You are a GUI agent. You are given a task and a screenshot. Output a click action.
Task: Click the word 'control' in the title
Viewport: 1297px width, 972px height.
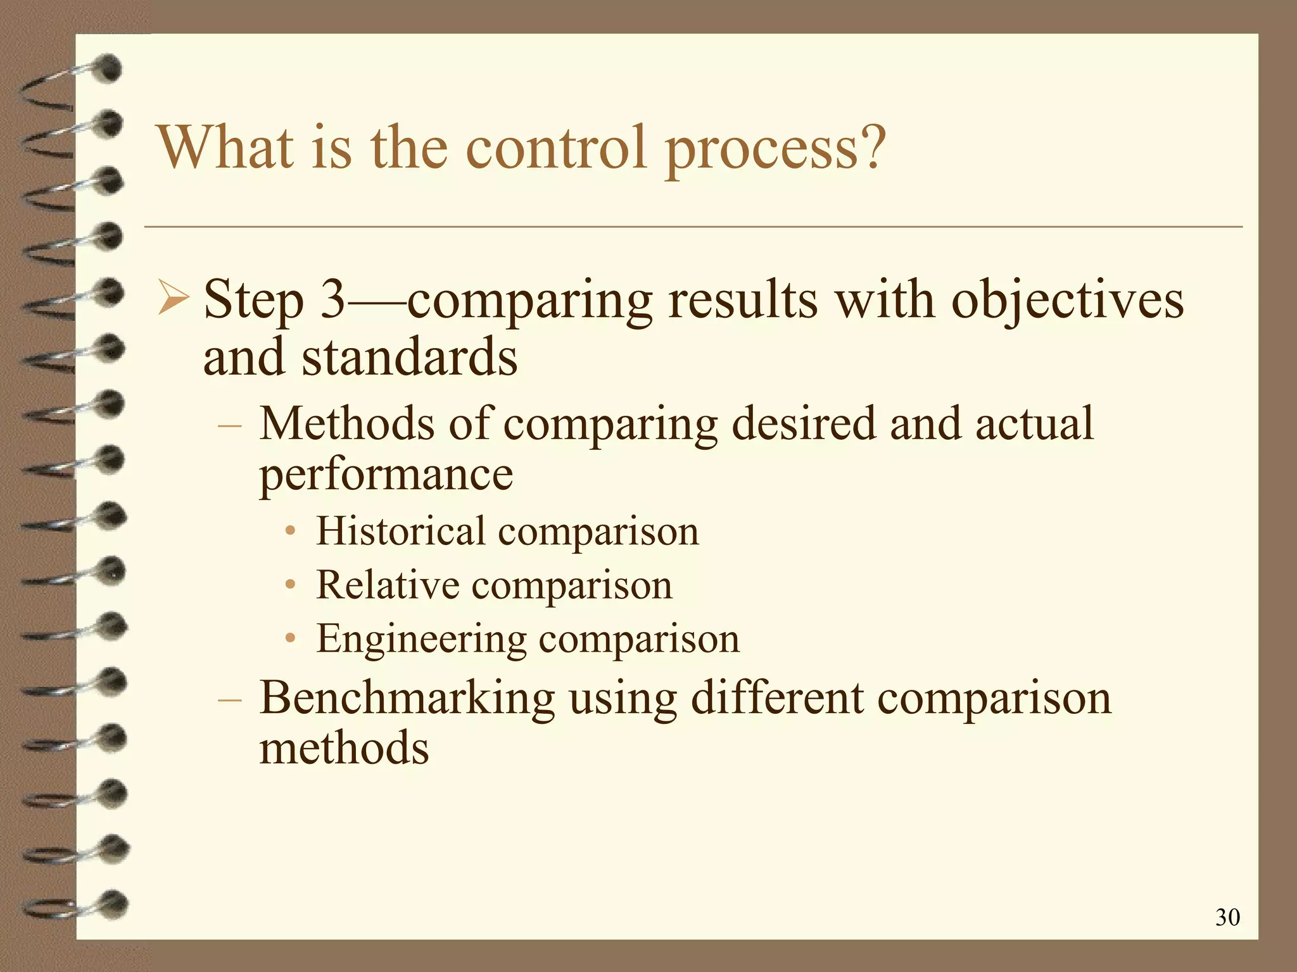[x=557, y=147]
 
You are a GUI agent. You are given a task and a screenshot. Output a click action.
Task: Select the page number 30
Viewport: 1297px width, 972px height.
[x=1227, y=917]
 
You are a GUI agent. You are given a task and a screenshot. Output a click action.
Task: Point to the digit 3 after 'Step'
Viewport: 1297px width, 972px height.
[x=333, y=299]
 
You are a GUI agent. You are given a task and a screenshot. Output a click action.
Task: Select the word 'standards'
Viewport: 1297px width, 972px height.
[x=409, y=356]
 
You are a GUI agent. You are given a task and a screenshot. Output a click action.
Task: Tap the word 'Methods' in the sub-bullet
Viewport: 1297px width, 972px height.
[x=347, y=423]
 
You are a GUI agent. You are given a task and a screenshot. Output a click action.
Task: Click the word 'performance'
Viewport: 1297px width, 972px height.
[x=386, y=475]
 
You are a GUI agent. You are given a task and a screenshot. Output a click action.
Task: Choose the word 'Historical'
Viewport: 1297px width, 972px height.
[x=401, y=531]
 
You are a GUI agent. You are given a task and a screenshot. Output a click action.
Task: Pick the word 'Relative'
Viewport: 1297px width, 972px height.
[x=388, y=585]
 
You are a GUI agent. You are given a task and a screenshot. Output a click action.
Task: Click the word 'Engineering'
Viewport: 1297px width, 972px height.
[x=421, y=639]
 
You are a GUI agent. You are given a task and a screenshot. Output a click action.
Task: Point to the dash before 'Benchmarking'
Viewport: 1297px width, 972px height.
[x=229, y=699]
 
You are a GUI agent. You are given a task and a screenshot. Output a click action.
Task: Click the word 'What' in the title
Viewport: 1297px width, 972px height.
[x=225, y=147]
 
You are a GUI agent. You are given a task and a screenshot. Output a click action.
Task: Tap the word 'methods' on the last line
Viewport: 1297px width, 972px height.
[x=344, y=749]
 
